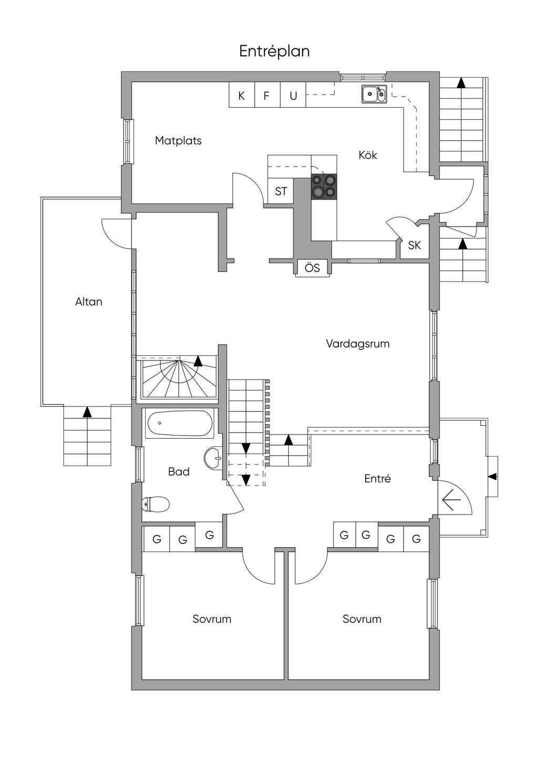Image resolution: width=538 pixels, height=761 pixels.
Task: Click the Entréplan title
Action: (x=274, y=52)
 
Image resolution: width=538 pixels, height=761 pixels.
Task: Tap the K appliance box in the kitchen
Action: (x=242, y=96)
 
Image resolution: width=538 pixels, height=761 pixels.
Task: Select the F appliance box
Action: (x=267, y=96)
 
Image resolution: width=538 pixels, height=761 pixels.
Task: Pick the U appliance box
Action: (x=293, y=96)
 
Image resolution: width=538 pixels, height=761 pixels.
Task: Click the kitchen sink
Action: (x=374, y=95)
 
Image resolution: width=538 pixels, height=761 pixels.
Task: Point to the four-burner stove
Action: (x=324, y=186)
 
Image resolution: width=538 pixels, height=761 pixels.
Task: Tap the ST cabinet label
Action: (x=281, y=191)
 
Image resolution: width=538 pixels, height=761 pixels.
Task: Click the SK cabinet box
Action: (x=415, y=245)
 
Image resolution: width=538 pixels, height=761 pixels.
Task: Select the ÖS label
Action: (x=313, y=268)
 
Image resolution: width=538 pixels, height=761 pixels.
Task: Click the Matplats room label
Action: (x=178, y=141)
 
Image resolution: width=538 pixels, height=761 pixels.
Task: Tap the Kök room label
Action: (x=368, y=155)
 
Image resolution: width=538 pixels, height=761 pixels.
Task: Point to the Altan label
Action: (x=89, y=302)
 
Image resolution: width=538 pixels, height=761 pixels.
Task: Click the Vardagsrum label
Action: (x=358, y=344)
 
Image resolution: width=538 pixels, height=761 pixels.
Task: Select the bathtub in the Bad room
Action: (x=179, y=424)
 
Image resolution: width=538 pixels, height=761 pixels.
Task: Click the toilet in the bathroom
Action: (x=156, y=505)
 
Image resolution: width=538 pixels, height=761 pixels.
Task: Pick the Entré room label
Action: (x=377, y=479)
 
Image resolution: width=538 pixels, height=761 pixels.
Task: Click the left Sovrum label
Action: (x=212, y=619)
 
